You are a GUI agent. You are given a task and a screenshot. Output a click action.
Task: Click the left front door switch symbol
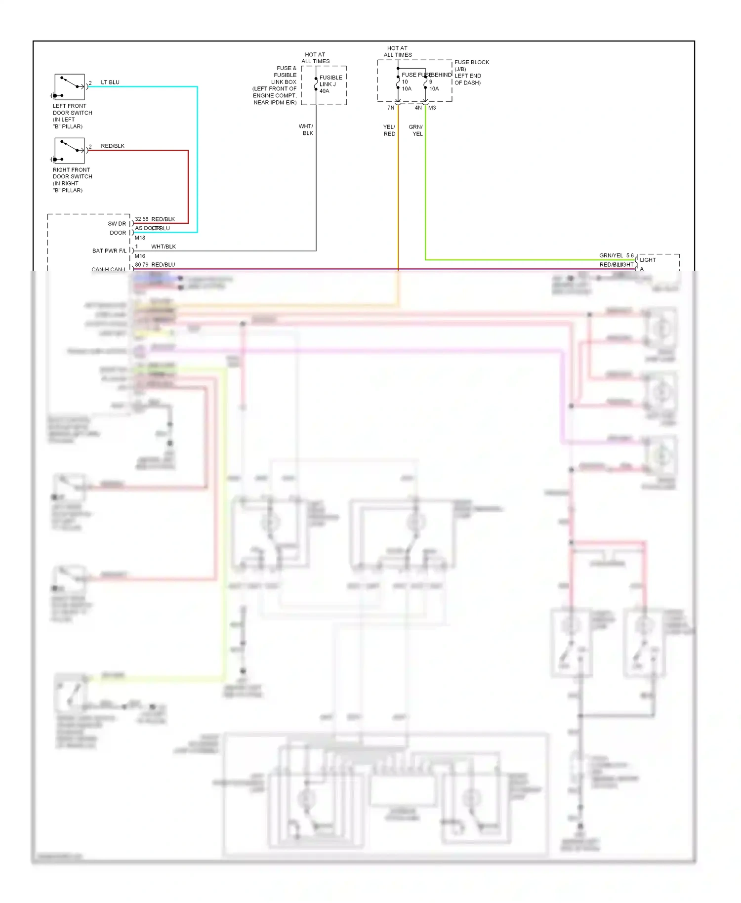[x=69, y=87]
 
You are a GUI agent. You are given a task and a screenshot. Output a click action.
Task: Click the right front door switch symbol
[x=69, y=151]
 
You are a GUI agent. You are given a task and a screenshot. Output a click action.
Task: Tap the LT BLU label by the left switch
[x=110, y=82]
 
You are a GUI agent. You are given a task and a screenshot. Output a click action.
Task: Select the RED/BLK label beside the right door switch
[x=113, y=146]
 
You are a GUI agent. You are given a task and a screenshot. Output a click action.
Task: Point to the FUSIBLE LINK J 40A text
[x=330, y=84]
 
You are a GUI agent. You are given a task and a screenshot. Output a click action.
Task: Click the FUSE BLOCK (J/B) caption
[x=472, y=66]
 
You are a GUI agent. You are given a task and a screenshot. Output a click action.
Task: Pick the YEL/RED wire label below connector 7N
[x=389, y=130]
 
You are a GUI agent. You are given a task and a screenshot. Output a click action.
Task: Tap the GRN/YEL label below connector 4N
[x=416, y=130]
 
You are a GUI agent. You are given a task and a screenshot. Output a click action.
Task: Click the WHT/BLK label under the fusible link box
[x=306, y=130]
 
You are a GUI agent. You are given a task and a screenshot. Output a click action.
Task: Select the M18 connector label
[x=140, y=238]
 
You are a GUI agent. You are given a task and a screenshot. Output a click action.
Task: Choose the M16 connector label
[x=140, y=256]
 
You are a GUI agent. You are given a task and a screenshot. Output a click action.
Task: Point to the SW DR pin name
[x=117, y=224]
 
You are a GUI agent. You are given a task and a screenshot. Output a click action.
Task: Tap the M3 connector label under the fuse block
[x=432, y=108]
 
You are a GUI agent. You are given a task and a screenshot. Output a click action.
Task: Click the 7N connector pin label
[x=391, y=108]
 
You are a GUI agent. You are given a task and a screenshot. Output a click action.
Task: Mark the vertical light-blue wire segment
[x=197, y=158]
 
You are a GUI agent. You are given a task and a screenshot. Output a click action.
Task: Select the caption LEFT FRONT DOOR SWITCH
[x=72, y=109]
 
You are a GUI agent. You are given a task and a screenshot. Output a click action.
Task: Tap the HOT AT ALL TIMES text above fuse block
[x=398, y=52]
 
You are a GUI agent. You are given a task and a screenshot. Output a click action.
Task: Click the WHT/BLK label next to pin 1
[x=164, y=247]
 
